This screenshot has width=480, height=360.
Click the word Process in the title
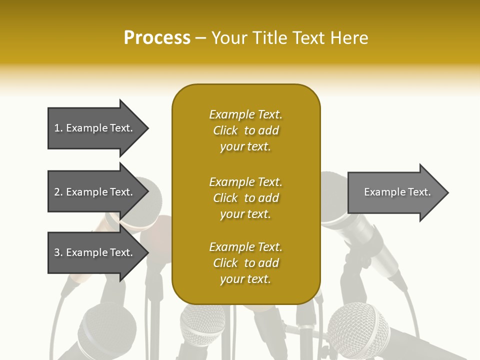pos(157,38)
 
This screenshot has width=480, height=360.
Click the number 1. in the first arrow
pos(58,128)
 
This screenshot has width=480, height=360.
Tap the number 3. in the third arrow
pos(58,252)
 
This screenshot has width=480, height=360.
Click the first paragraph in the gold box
pos(245,130)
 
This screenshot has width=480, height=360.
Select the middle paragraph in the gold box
pos(245,198)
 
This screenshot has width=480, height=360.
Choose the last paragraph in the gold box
pos(245,263)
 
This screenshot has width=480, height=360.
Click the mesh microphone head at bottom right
pos(357,327)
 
